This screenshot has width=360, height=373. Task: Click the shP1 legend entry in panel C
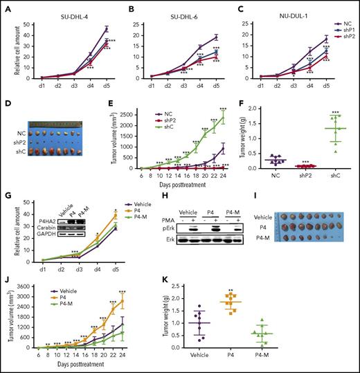344,30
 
